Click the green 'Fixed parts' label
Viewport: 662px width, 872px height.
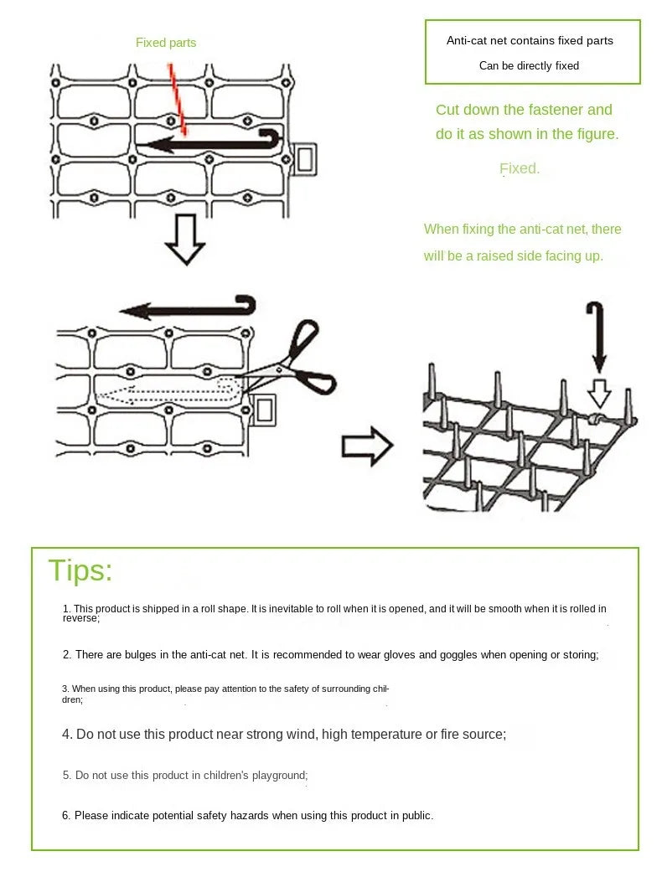coord(166,43)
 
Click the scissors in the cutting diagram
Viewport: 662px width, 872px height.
coord(300,360)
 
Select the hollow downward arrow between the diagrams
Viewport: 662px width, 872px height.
coord(184,240)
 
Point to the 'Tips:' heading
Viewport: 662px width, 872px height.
coord(80,570)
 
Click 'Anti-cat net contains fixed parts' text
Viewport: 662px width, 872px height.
coord(530,40)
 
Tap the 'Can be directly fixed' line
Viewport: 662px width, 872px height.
coord(529,65)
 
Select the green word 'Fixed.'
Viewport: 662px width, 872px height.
coord(520,168)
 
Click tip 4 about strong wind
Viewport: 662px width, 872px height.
coord(284,735)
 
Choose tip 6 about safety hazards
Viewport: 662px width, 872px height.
coord(247,815)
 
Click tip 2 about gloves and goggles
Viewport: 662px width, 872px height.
coord(330,655)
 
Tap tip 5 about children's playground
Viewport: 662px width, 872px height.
coord(185,776)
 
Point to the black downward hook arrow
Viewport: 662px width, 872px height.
coord(597,336)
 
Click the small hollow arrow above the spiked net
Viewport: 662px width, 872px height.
coord(599,393)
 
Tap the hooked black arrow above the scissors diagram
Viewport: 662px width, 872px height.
coord(189,308)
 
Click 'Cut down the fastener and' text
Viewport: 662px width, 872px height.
coord(524,110)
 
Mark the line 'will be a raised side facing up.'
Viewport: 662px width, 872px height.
coord(513,255)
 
